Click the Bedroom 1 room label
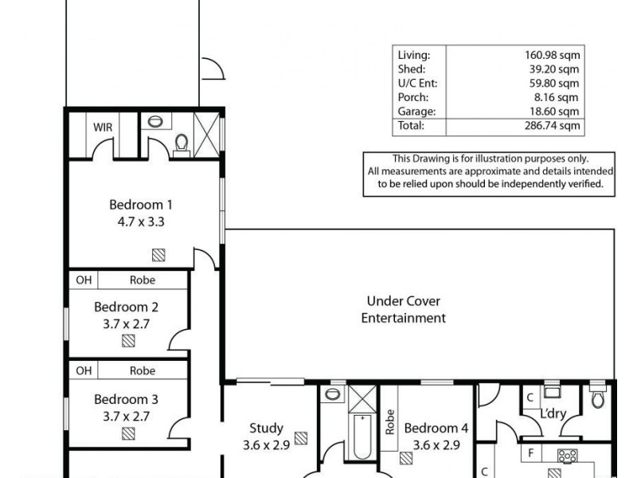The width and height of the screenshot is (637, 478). pyautogui.click(x=140, y=203)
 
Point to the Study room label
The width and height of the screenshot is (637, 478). pyautogui.click(x=266, y=428)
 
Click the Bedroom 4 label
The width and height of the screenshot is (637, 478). pyautogui.click(x=436, y=429)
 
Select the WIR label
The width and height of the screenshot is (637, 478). pyautogui.click(x=102, y=127)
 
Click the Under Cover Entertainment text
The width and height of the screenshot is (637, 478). pyautogui.click(x=404, y=310)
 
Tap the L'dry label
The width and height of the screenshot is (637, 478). pyautogui.click(x=553, y=416)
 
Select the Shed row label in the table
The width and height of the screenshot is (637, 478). pyautogui.click(x=410, y=69)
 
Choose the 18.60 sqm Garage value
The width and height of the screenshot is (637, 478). pyautogui.click(x=557, y=112)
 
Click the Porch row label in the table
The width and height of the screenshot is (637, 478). pyautogui.click(x=412, y=98)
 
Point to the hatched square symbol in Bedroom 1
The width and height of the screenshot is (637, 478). pyautogui.click(x=159, y=255)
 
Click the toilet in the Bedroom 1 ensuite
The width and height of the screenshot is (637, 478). pyautogui.click(x=182, y=143)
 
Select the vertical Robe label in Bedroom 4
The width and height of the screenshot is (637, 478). pyautogui.click(x=390, y=421)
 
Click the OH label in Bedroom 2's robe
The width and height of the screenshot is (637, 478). pyautogui.click(x=84, y=280)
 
